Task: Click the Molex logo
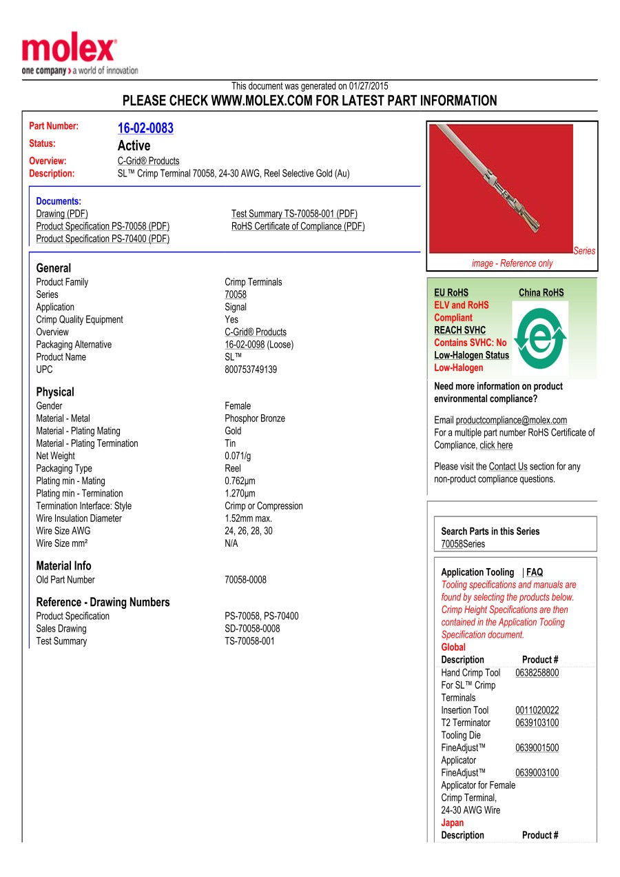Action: coord(69,52)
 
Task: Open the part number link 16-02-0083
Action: coord(145,128)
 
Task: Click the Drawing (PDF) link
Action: coord(62,214)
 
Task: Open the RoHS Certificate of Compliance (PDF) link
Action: coord(298,226)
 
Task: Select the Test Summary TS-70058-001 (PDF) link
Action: coord(294,214)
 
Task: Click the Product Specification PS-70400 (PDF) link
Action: coord(103,239)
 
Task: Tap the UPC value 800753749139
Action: coord(251,370)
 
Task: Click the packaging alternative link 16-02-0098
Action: coord(245,345)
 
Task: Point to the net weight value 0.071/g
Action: coord(238,456)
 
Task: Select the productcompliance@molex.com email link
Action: coord(511,420)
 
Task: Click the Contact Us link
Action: coord(508,467)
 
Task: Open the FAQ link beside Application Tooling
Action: coord(535,572)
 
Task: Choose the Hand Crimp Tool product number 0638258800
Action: coord(537,673)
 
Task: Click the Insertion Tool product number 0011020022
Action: coord(537,710)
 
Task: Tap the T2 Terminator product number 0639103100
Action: coord(537,723)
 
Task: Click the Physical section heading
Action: coord(55,392)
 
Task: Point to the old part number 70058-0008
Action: coord(245,580)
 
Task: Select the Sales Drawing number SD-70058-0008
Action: coord(252,629)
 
